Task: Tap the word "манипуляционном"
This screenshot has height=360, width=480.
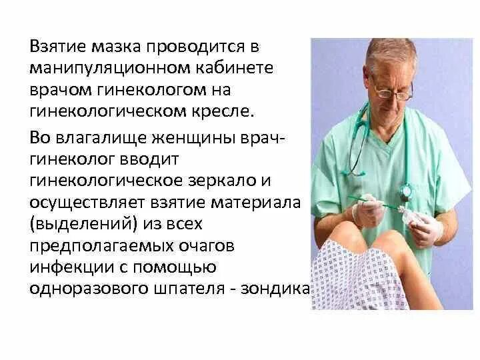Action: [x=108, y=69]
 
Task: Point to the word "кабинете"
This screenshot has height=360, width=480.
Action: [x=236, y=69]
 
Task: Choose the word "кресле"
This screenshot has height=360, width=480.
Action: [x=221, y=110]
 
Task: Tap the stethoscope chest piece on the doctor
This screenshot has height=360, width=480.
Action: [x=405, y=193]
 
